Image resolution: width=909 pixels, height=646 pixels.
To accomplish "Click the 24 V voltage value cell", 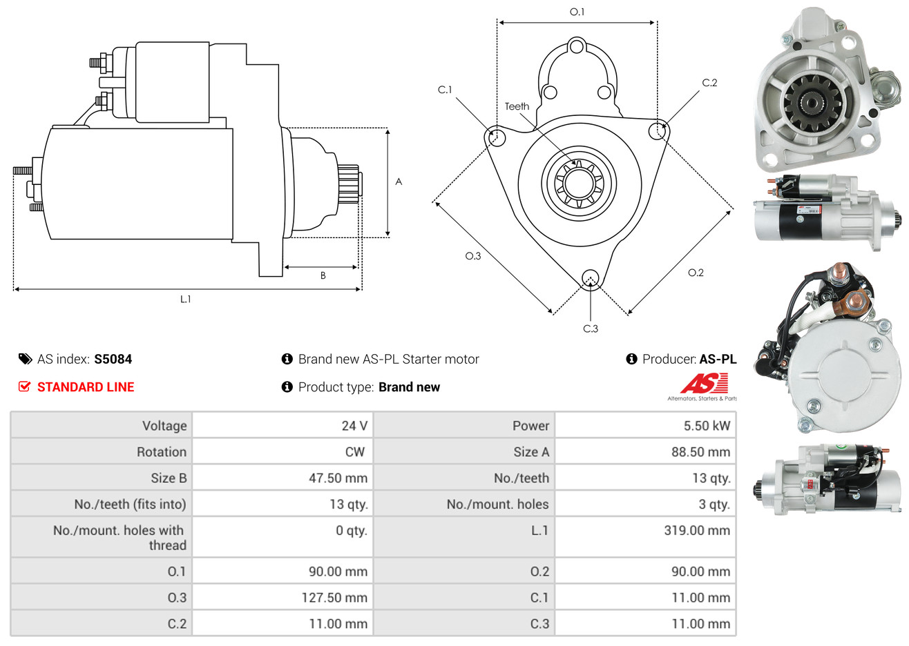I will [354, 426].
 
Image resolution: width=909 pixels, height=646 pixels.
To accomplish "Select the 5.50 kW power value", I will [706, 426].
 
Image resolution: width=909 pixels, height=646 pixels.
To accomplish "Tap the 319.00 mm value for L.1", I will [696, 531].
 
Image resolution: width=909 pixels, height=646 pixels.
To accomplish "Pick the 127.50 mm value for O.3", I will [334, 598].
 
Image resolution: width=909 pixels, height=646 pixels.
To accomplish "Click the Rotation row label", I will [161, 452].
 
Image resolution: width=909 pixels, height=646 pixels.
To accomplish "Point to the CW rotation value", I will [354, 452].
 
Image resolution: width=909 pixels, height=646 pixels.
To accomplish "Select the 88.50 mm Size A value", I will [700, 452].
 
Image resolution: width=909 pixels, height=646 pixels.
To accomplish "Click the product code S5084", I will [113, 359].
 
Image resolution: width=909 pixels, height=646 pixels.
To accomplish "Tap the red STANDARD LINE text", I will [85, 387].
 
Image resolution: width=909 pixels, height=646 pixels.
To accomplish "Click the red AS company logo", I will [703, 384].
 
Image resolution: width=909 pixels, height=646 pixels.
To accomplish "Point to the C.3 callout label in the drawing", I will [591, 329].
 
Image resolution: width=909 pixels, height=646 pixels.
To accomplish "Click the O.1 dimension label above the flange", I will [577, 12].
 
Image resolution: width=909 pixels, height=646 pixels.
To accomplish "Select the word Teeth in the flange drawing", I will [517, 106].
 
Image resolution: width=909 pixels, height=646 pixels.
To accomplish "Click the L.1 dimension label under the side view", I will [185, 299].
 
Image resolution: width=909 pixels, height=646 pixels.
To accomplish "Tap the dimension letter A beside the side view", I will [399, 182].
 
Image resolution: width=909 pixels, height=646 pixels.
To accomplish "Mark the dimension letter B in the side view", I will [323, 275].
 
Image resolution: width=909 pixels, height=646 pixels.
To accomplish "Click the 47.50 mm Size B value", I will [338, 478].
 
